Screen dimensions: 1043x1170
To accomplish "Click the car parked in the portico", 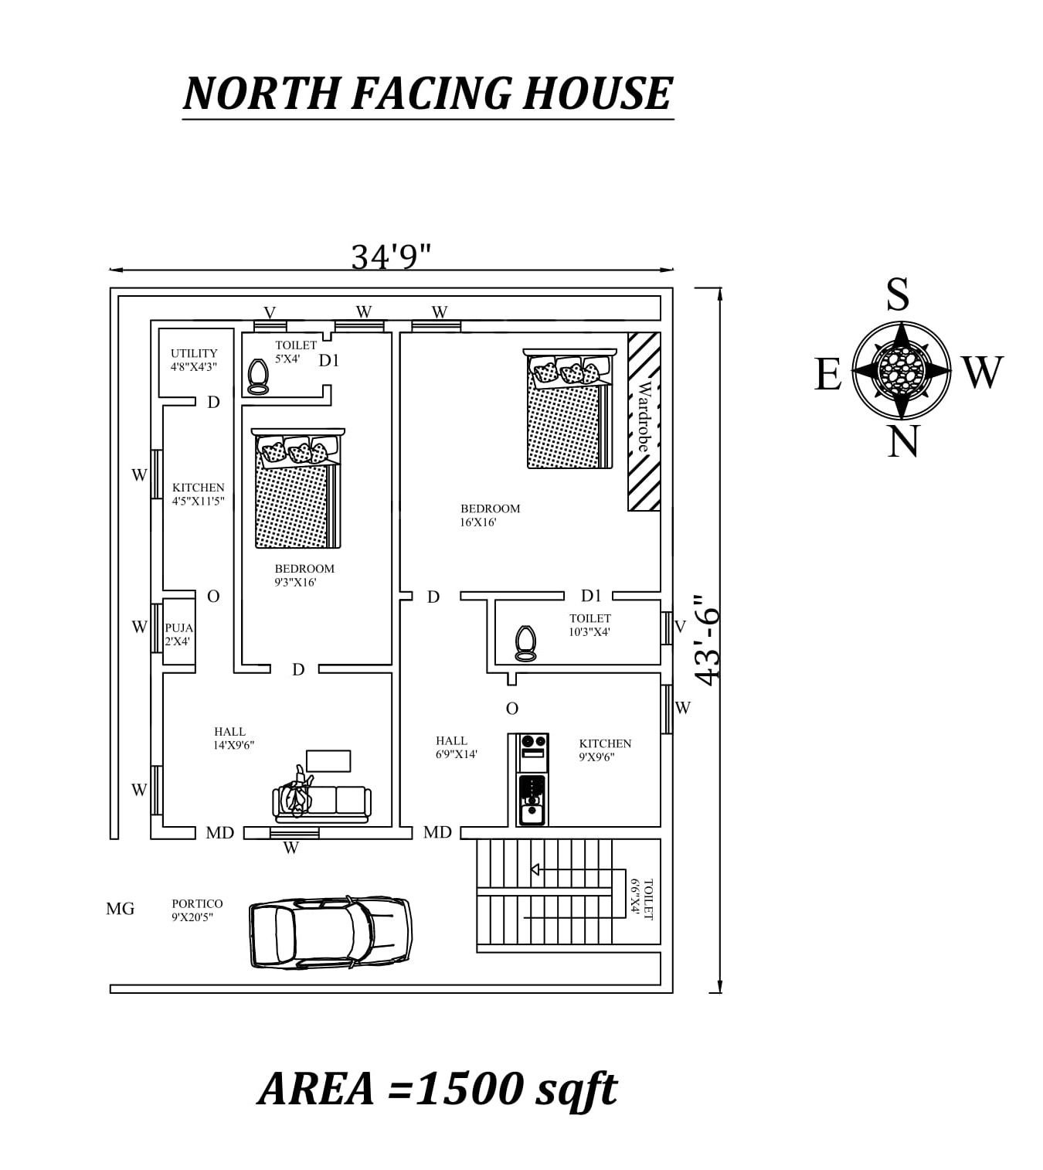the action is (331, 932).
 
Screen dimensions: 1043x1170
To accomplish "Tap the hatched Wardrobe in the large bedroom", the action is (644, 421).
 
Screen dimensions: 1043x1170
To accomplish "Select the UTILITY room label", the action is (194, 353).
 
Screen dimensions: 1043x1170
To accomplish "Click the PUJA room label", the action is (179, 628).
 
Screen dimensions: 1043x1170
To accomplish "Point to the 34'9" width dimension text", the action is (391, 257).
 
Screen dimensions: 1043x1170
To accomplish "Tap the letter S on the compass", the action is (898, 294).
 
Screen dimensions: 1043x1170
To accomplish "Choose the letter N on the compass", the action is (902, 442).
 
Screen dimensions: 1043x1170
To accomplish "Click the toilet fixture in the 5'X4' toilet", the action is (257, 376).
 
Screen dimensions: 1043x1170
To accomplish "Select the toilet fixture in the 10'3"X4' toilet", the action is (525, 643).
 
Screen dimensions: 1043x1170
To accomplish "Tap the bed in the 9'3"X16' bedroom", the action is (298, 488).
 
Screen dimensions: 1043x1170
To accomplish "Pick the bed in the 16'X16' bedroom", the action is (569, 408).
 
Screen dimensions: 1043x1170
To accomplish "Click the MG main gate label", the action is (120, 908).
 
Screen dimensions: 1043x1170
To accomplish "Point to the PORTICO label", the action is (197, 903).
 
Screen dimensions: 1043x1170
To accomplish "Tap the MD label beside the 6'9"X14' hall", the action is (437, 832).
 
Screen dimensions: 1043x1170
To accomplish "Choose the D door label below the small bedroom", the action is (298, 669).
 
